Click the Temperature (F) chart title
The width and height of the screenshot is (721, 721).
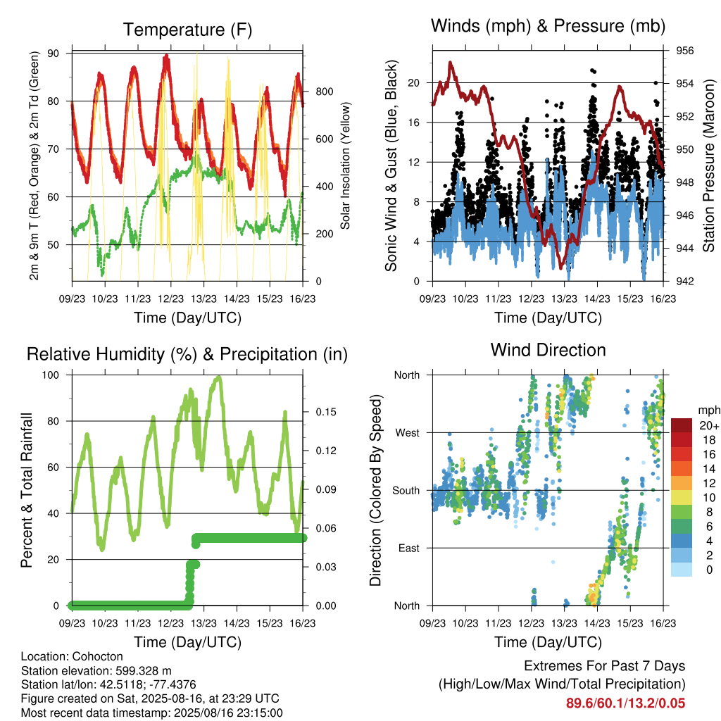pyautogui.click(x=187, y=30)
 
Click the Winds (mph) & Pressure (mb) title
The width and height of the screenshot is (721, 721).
pyautogui.click(x=548, y=26)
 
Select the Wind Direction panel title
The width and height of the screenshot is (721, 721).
pyautogui.click(x=548, y=350)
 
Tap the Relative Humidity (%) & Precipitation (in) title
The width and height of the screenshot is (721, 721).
pyautogui.click(x=187, y=355)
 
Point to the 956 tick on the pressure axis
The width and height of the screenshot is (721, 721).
pyautogui.click(x=684, y=51)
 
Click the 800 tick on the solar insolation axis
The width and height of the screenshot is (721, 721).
pyautogui.click(x=325, y=92)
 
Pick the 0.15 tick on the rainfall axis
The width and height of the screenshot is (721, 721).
pyautogui.click(x=326, y=412)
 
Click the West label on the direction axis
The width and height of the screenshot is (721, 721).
pyautogui.click(x=408, y=433)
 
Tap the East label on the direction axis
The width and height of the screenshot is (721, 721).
pyautogui.click(x=409, y=548)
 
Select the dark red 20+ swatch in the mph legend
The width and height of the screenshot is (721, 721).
pyautogui.click(x=682, y=425)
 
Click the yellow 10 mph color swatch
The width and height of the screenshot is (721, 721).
pyautogui.click(x=682, y=496)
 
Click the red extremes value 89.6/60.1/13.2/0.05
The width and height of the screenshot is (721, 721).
pyautogui.click(x=625, y=703)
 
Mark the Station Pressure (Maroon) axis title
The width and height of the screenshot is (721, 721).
pyautogui.click(x=709, y=165)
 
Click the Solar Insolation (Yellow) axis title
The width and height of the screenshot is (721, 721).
pyautogui.click(x=345, y=165)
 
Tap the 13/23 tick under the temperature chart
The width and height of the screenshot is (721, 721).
pyautogui.click(x=203, y=299)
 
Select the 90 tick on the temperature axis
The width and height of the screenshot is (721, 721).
pyautogui.click(x=54, y=54)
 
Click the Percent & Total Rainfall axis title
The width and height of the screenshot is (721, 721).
pyautogui.click(x=27, y=490)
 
